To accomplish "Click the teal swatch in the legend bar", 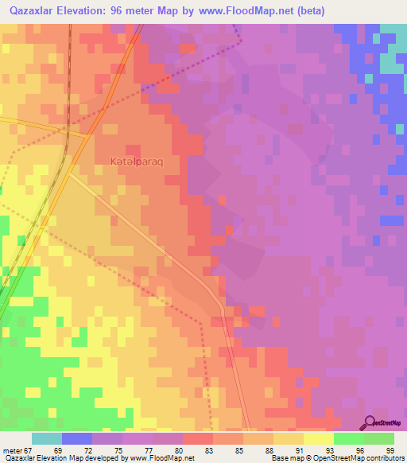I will pyautogui.click(x=47, y=438).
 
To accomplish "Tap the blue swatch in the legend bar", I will pyautogui.click(x=77, y=438).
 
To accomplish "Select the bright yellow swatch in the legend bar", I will pyautogui.click(x=319, y=438).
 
